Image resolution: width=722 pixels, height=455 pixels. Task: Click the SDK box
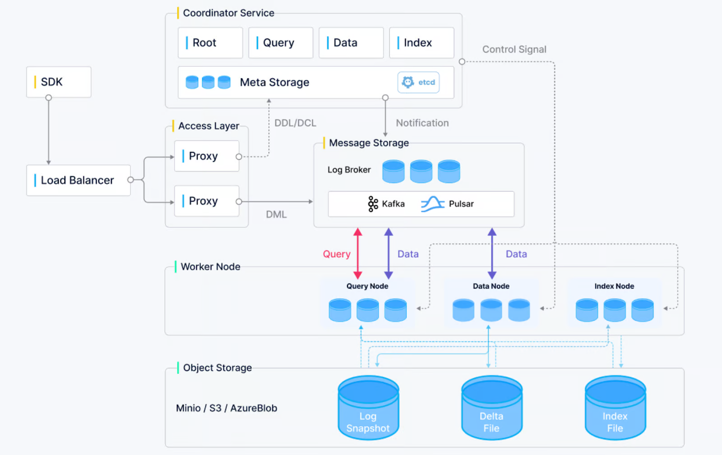tap(59, 82)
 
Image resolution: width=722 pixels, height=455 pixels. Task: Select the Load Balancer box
tap(78, 180)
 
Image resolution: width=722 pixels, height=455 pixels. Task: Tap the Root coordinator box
tap(210, 43)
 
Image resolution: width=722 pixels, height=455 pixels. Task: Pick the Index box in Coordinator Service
tap(421, 43)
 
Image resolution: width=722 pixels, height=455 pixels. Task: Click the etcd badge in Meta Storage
tap(418, 83)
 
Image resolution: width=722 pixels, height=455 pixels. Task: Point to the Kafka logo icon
tap(373, 204)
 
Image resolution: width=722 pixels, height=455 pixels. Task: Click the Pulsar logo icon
tap(432, 204)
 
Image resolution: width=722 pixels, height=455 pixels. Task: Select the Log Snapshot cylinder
tap(368, 408)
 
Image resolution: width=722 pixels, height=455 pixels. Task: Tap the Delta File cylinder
tap(491, 408)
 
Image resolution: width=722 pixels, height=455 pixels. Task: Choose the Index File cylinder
tap(615, 408)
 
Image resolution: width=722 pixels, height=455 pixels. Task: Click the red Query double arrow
tap(358, 253)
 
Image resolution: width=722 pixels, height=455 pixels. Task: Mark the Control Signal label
tap(514, 50)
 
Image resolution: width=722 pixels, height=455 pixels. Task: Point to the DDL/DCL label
tap(295, 123)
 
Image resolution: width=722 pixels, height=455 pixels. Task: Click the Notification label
tap(422, 123)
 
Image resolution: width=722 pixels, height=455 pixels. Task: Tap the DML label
tap(276, 215)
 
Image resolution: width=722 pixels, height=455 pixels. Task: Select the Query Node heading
tap(367, 286)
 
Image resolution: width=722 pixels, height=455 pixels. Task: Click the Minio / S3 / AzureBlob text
tap(227, 408)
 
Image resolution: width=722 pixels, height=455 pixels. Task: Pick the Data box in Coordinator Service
tap(351, 43)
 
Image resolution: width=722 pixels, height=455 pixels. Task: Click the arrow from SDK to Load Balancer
tap(49, 131)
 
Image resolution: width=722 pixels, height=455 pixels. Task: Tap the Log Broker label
tap(349, 170)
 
